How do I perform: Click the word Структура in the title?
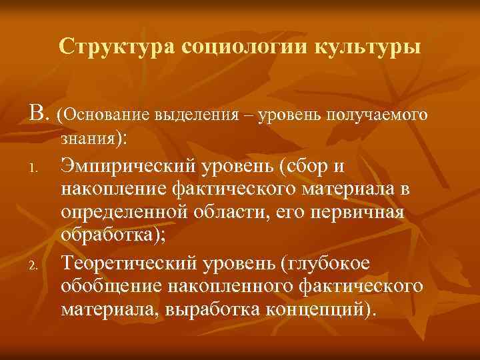coord(106,47)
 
